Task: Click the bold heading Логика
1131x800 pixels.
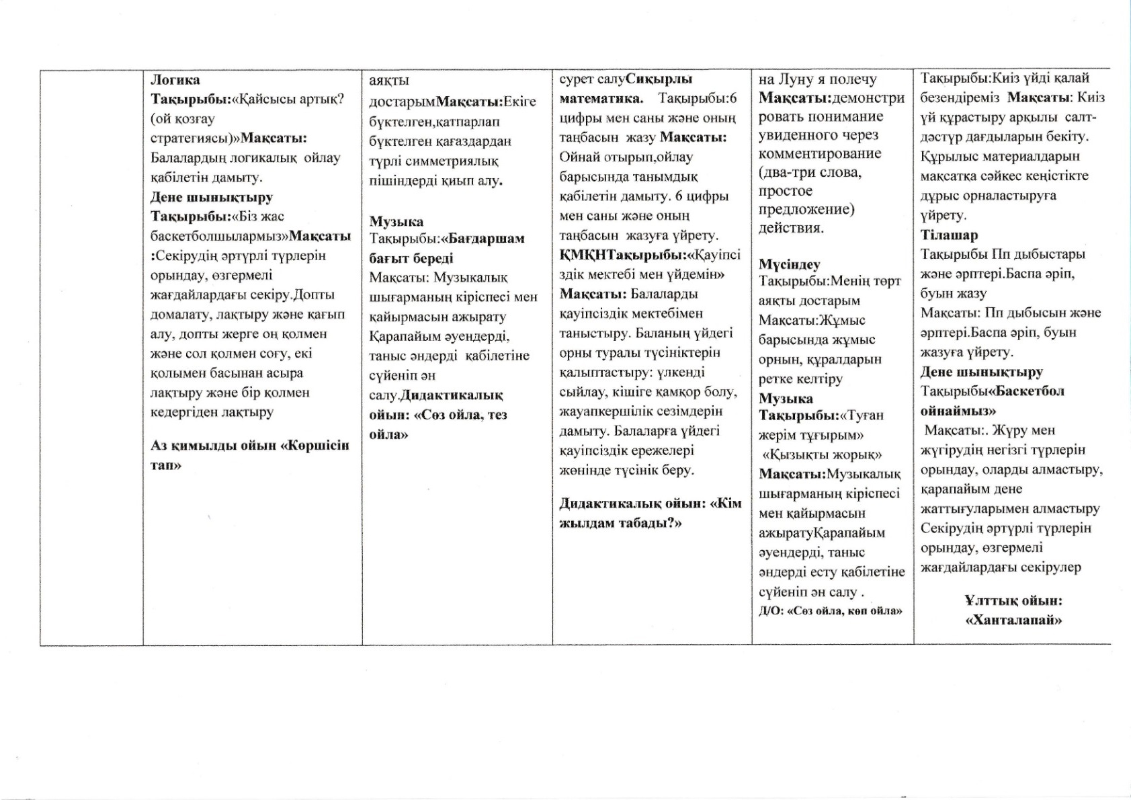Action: (175, 80)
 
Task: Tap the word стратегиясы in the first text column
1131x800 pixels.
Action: (194, 138)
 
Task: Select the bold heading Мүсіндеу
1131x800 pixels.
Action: (790, 264)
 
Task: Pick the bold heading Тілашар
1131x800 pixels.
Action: (949, 235)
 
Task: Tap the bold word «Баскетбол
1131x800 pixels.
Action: (1028, 391)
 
